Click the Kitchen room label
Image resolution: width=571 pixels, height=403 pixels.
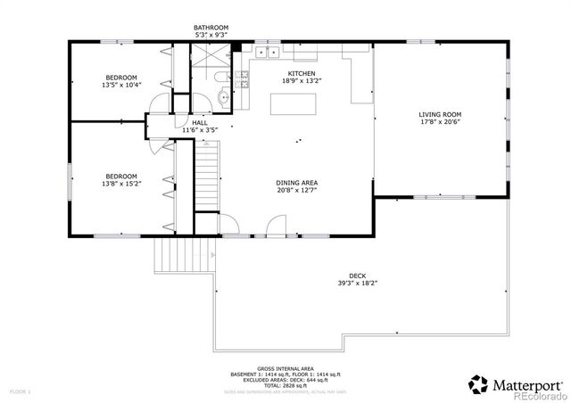click(x=301, y=74)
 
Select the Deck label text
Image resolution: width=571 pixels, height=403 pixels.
click(x=357, y=276)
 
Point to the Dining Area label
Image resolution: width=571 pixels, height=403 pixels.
click(x=297, y=183)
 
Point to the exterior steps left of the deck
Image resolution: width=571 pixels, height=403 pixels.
click(x=170, y=259)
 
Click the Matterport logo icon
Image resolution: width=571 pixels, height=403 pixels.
click(x=478, y=383)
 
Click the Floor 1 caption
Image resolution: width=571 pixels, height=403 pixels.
click(x=20, y=391)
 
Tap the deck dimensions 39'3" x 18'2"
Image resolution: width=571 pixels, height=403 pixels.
click(x=357, y=284)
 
